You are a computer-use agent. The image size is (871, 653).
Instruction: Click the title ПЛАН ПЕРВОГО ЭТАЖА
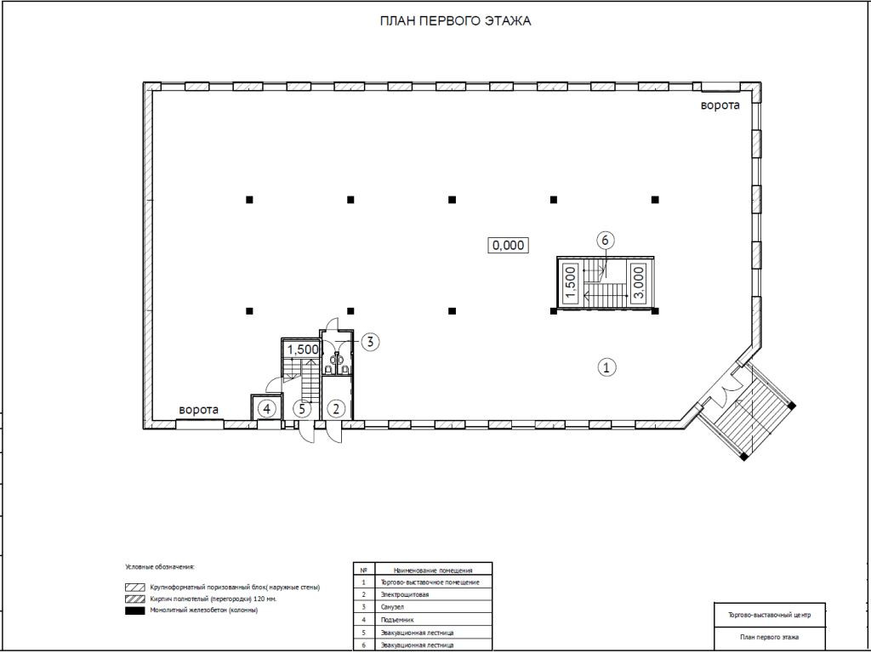click(455, 21)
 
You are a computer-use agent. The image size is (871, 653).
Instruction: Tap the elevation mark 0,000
click(508, 245)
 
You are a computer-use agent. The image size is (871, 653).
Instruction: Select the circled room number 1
click(606, 367)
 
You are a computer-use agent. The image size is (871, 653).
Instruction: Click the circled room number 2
click(335, 409)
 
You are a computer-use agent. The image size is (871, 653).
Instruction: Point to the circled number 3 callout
click(371, 342)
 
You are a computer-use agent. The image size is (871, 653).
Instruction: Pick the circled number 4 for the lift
click(267, 409)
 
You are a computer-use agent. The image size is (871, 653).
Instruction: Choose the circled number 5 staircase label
click(302, 409)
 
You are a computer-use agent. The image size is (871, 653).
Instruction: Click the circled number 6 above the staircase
click(606, 240)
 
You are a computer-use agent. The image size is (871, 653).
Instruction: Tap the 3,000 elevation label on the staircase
click(639, 282)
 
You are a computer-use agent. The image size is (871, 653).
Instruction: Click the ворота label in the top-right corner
click(720, 105)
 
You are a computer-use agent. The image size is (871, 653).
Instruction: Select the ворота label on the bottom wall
click(198, 410)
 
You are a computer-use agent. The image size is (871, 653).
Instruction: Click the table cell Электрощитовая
click(404, 594)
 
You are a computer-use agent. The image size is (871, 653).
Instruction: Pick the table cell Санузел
click(392, 607)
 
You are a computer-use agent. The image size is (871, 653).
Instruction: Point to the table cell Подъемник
click(397, 620)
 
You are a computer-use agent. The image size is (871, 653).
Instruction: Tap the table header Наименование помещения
click(433, 570)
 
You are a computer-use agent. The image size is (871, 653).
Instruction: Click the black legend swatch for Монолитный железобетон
click(135, 610)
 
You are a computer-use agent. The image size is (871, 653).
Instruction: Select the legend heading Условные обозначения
click(160, 567)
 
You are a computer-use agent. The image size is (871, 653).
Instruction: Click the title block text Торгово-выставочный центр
click(769, 616)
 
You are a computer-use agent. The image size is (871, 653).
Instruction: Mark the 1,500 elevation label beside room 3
click(303, 349)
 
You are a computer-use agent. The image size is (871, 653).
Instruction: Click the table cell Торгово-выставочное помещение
click(430, 582)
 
